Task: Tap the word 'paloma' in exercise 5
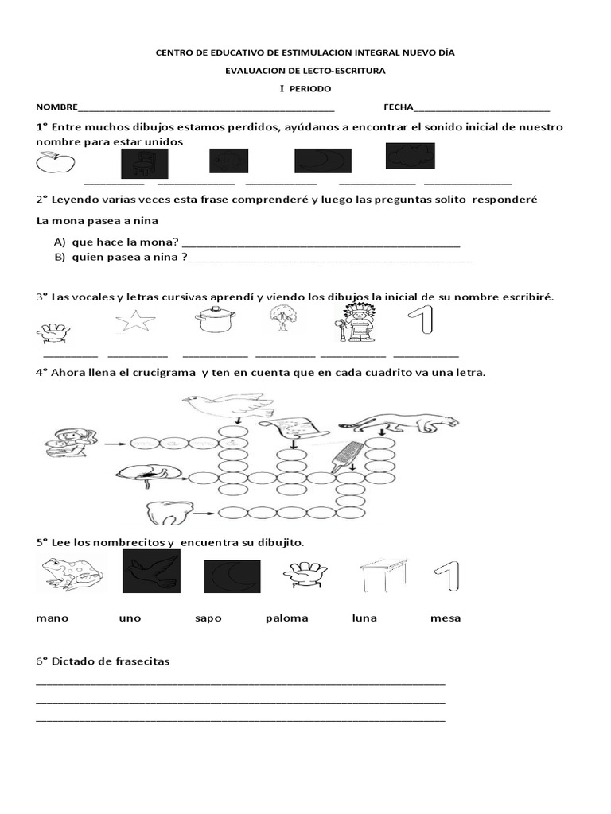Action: point(286,618)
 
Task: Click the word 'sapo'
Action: point(208,618)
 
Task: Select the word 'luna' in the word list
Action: point(364,618)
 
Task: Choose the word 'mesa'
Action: point(446,618)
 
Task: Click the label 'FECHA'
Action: point(399,107)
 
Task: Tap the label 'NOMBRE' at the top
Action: point(56,107)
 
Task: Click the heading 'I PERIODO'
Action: point(305,88)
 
